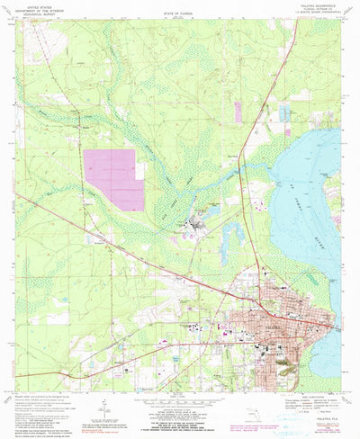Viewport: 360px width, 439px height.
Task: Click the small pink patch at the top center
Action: coord(238,112)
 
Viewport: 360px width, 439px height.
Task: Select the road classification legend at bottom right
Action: coord(306,401)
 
